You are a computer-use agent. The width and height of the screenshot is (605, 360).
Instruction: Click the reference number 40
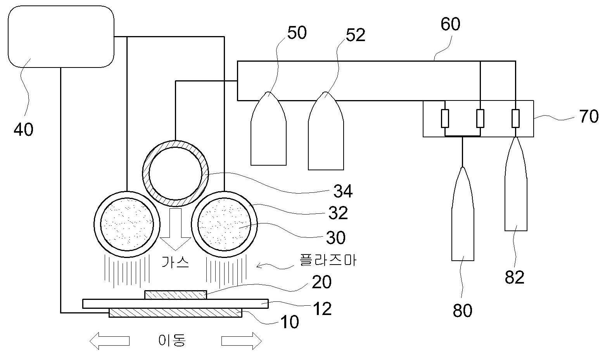(x=24, y=129)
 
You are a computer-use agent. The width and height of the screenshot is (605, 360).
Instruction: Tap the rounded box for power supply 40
(x=61, y=36)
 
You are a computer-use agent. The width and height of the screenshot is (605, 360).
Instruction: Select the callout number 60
(x=450, y=24)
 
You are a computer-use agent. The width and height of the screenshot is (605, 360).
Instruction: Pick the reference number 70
(x=589, y=116)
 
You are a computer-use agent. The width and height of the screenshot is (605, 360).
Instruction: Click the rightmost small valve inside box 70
(x=515, y=118)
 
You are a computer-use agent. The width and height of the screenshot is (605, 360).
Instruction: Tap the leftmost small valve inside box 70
(x=445, y=118)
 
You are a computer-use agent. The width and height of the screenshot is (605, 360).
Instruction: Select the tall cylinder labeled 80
(x=463, y=214)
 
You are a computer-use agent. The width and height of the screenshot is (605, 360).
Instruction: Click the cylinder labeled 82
(x=516, y=184)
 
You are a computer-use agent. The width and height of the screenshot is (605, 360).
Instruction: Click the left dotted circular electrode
(x=127, y=224)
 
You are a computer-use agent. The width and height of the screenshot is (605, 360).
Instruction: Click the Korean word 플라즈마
(x=328, y=260)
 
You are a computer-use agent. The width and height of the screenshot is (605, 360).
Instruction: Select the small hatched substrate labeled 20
(x=176, y=295)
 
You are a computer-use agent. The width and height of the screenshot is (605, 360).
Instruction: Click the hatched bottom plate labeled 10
(x=176, y=312)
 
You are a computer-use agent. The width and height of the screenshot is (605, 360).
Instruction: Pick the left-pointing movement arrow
(x=110, y=341)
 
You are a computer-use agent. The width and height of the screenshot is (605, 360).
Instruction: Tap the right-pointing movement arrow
(x=242, y=341)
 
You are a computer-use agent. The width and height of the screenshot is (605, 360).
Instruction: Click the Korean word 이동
(x=172, y=340)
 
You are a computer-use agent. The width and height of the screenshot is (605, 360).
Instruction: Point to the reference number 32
(x=338, y=213)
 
